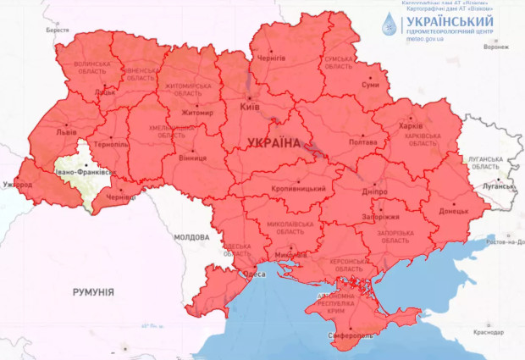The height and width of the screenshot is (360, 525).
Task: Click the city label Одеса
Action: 253,274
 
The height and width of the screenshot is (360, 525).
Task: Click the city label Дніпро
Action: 374,192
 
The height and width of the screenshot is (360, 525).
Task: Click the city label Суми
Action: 370,86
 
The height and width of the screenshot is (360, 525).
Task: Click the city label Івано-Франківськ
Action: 83,173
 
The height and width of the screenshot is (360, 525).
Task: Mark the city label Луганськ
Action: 497,183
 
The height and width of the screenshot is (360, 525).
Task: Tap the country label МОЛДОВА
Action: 191,237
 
